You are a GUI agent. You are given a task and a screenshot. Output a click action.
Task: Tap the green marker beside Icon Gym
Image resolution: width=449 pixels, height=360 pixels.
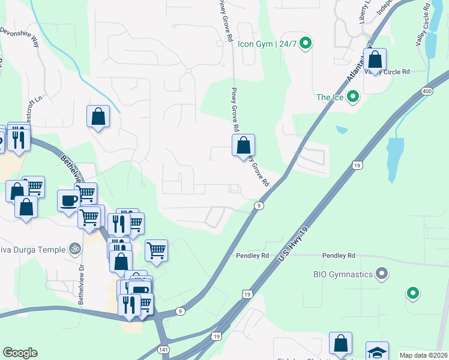[306, 43]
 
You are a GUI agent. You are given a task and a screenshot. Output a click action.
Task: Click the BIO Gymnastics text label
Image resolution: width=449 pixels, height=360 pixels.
[343, 275]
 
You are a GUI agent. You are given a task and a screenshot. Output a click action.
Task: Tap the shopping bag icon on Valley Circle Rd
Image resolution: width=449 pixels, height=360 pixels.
[375, 61]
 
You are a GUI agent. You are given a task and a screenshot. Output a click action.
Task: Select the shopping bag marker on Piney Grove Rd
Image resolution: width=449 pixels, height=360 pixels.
[243, 146]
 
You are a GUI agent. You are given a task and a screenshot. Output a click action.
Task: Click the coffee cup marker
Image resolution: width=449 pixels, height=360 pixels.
[68, 200]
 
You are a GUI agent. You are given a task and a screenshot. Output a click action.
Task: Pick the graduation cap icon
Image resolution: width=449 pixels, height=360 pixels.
[378, 352]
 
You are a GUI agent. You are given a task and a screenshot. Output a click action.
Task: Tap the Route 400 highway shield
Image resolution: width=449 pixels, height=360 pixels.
[427, 91]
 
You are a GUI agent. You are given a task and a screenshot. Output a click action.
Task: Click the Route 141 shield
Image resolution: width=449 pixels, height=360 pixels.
[164, 349]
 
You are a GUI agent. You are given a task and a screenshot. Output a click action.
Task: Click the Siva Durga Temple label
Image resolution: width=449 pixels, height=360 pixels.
[32, 248]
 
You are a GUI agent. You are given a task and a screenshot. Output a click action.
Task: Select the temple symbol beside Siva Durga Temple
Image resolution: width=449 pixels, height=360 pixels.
[75, 248]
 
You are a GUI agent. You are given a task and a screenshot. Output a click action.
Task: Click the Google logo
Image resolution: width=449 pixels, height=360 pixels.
[20, 353]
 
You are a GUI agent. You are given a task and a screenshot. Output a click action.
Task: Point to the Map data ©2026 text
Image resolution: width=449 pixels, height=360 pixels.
[423, 355]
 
